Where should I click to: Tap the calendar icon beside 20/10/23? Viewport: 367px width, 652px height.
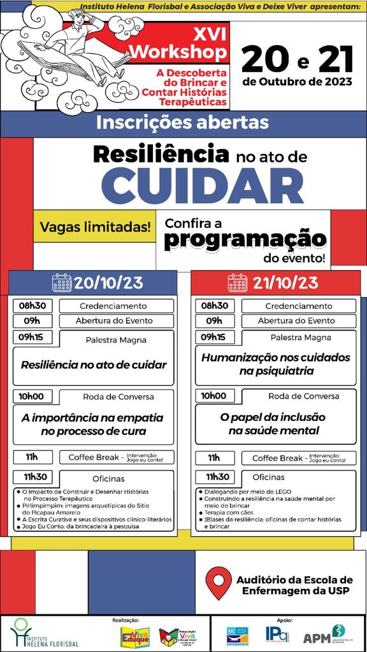[x=62, y=282]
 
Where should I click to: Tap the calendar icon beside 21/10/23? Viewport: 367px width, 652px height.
[x=237, y=282]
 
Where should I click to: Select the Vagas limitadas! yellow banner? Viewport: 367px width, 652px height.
[x=96, y=226]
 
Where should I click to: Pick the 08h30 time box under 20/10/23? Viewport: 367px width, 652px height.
[x=31, y=306]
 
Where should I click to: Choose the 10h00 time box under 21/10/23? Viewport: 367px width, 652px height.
[x=213, y=396]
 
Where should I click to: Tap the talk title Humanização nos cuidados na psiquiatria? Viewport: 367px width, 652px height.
[x=275, y=364]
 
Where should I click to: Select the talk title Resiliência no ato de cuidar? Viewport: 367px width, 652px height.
[x=94, y=365]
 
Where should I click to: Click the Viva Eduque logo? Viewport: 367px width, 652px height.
[x=136, y=636]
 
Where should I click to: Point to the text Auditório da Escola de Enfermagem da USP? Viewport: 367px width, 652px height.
[x=293, y=586]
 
